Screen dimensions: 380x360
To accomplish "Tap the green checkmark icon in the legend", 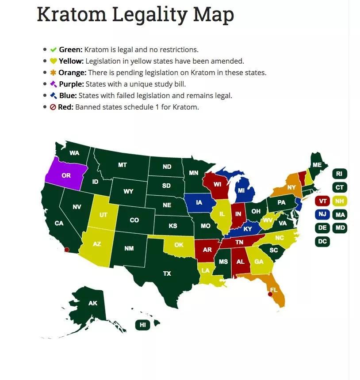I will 54,49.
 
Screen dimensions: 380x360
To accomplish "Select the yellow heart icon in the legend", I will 54,61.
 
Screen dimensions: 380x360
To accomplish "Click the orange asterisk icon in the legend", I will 54,72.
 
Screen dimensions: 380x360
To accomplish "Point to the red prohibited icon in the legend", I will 53,107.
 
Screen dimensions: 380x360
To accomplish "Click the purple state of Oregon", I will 66,175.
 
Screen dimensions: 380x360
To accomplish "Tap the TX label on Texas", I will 167,274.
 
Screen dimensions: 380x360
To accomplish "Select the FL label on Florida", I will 274,290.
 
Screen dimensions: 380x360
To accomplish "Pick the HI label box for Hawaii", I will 142,325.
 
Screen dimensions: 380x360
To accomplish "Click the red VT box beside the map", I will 322,201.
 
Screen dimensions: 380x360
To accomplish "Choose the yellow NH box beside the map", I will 340,201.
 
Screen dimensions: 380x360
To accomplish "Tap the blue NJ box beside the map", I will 322,215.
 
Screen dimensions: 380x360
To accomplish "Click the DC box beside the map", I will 322,242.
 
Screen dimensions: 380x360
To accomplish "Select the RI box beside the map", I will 339,174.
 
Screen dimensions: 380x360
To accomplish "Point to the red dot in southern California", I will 67,250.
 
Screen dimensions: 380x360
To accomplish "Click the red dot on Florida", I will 270,294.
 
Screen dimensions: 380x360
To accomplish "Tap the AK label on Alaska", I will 93,303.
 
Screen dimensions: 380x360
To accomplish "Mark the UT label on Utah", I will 103,215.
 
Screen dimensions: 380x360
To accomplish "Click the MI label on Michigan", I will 241,190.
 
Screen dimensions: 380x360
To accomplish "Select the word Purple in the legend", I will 71,84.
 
